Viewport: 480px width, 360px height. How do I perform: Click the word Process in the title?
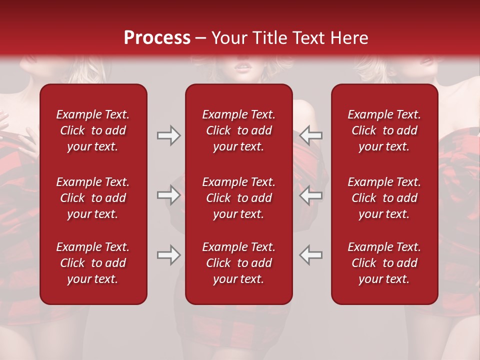point(157,38)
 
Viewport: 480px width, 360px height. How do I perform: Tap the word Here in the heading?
point(350,38)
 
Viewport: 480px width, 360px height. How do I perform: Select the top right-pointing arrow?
point(169,135)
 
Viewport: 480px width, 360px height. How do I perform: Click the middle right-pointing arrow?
point(169,195)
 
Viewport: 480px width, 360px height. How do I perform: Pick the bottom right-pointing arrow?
point(169,255)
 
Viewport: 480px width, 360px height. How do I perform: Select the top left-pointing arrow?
point(310,135)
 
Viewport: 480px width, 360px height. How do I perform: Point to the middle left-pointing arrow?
point(310,195)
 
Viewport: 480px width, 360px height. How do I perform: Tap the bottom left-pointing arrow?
point(310,255)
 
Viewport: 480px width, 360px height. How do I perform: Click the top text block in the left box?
point(93,130)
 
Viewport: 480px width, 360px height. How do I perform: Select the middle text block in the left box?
point(93,198)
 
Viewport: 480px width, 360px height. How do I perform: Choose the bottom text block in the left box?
point(93,263)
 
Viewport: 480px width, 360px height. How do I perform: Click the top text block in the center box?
point(238,130)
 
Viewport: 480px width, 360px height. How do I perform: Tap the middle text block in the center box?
point(238,198)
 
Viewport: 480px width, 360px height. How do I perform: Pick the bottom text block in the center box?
point(238,263)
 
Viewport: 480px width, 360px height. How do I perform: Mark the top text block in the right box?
point(384,130)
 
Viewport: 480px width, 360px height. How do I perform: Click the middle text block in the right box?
point(384,198)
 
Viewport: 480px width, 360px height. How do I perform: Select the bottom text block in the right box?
point(384,263)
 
